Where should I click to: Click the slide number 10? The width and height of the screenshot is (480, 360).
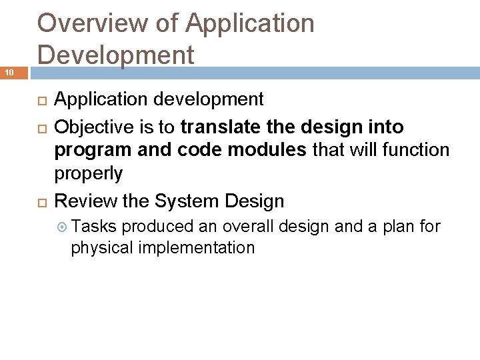(11, 72)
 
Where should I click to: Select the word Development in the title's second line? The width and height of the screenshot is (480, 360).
(116, 54)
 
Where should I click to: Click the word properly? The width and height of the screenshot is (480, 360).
(88, 174)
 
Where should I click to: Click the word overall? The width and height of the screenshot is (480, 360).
(247, 227)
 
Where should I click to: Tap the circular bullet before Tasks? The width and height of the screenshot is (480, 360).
(63, 227)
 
